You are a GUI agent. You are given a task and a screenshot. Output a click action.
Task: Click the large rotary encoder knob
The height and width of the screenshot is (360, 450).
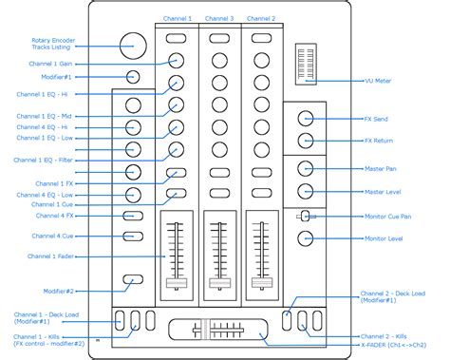(134, 43)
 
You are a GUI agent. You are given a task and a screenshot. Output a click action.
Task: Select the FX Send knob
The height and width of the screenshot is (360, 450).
(306, 118)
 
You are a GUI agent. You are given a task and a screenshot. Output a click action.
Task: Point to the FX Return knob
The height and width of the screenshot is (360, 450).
(306, 141)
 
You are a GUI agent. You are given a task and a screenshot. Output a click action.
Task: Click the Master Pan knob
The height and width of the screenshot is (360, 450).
(306, 168)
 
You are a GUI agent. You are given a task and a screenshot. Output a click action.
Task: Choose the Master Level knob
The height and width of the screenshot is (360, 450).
(306, 191)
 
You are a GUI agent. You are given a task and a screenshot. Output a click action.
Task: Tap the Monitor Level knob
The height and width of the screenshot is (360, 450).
(306, 237)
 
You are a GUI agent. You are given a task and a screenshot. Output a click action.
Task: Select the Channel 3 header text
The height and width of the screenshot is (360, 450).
(219, 18)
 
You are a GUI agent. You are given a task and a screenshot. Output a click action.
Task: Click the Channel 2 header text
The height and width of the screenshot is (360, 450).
(261, 18)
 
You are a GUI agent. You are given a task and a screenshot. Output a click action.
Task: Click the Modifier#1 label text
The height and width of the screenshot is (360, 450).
(57, 76)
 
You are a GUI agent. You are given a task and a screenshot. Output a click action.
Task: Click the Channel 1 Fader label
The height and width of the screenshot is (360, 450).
(52, 256)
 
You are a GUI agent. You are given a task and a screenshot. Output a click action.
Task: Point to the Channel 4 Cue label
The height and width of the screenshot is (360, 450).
(52, 235)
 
